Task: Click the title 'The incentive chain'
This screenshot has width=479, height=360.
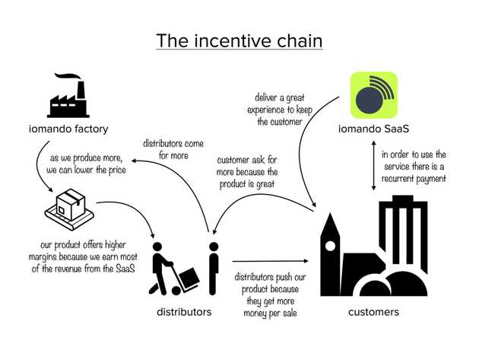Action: pos(239,41)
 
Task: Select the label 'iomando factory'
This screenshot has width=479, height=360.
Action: pos(68,129)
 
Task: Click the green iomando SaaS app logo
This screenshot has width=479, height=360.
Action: pos(373,95)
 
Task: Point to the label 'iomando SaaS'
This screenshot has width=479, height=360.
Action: pos(373,129)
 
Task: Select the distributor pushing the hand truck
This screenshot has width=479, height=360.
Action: pos(173,269)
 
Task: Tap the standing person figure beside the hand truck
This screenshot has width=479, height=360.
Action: pos(214,269)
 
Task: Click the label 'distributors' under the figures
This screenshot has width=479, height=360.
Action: pos(184,312)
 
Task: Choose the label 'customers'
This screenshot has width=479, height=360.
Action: pos(373,312)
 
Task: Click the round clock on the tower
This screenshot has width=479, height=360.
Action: pos(330,246)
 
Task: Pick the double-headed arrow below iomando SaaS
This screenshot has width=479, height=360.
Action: pos(373,165)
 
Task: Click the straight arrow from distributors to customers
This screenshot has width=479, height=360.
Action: pos(271,261)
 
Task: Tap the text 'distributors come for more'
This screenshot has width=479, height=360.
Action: pos(173,149)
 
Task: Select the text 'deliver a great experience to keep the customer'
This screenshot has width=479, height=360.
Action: pos(280,110)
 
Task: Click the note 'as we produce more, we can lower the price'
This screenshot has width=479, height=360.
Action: pos(86,164)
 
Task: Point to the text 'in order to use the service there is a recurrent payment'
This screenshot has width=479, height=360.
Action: pos(414,167)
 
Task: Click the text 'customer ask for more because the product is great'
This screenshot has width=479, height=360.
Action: pos(247,172)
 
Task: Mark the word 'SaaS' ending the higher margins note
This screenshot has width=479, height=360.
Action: pos(125,269)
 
